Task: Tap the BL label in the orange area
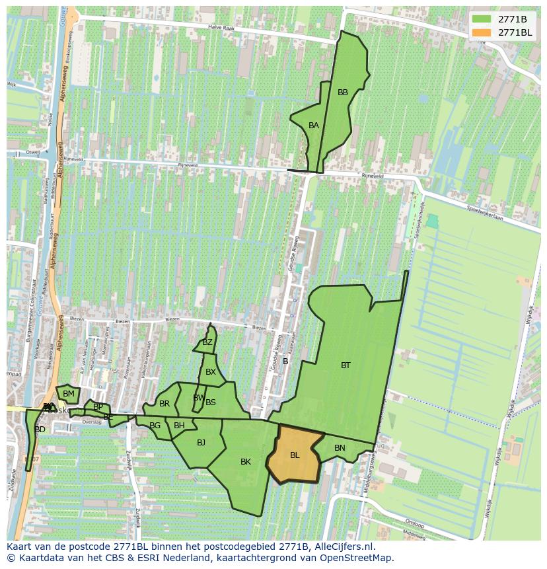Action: (x=295, y=455)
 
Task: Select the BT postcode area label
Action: (x=346, y=365)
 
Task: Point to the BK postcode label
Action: (x=246, y=461)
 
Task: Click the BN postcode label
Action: (x=340, y=447)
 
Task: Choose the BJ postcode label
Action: (x=201, y=442)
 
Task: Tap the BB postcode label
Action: (x=343, y=93)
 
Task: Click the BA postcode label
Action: (x=314, y=125)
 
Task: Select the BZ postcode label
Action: (x=207, y=342)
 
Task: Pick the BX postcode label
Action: (x=211, y=372)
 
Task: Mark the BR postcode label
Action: (x=164, y=403)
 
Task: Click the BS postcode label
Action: (x=211, y=402)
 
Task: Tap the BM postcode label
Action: (x=69, y=394)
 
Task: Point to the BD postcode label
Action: (x=40, y=430)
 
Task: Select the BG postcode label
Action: (x=155, y=426)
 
